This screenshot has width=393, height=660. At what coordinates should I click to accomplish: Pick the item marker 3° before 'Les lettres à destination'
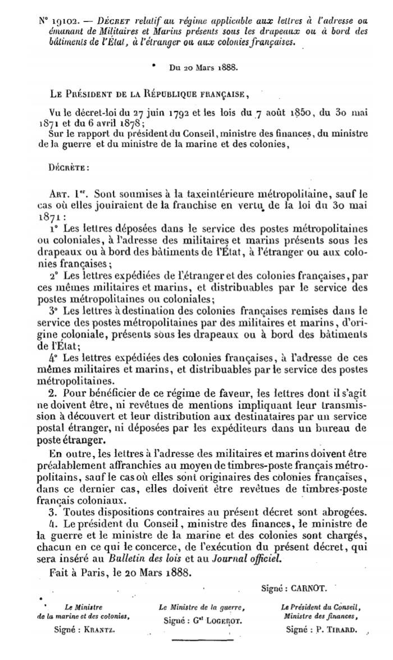click(x=53, y=309)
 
